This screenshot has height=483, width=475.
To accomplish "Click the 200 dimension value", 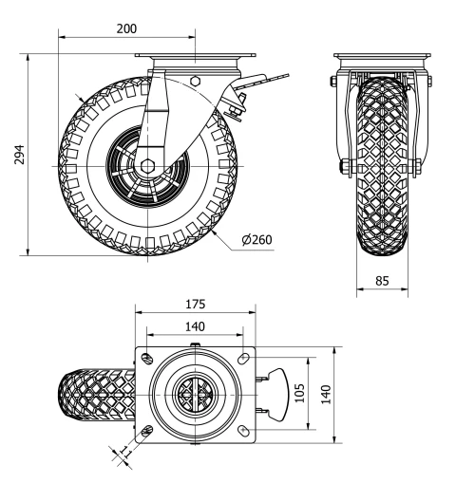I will pos(125,28).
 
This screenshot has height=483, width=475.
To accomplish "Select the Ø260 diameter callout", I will pos(256,239).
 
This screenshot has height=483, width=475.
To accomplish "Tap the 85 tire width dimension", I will pos(383,280).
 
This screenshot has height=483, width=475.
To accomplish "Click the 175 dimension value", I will pos(196,305).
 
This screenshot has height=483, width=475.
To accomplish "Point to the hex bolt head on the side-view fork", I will pos(195,82).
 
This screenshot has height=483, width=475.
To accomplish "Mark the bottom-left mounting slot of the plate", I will pos(146,433).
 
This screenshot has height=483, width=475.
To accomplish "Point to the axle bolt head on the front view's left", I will pos(341,171).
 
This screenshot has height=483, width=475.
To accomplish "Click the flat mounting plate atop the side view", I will pos(195,60).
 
